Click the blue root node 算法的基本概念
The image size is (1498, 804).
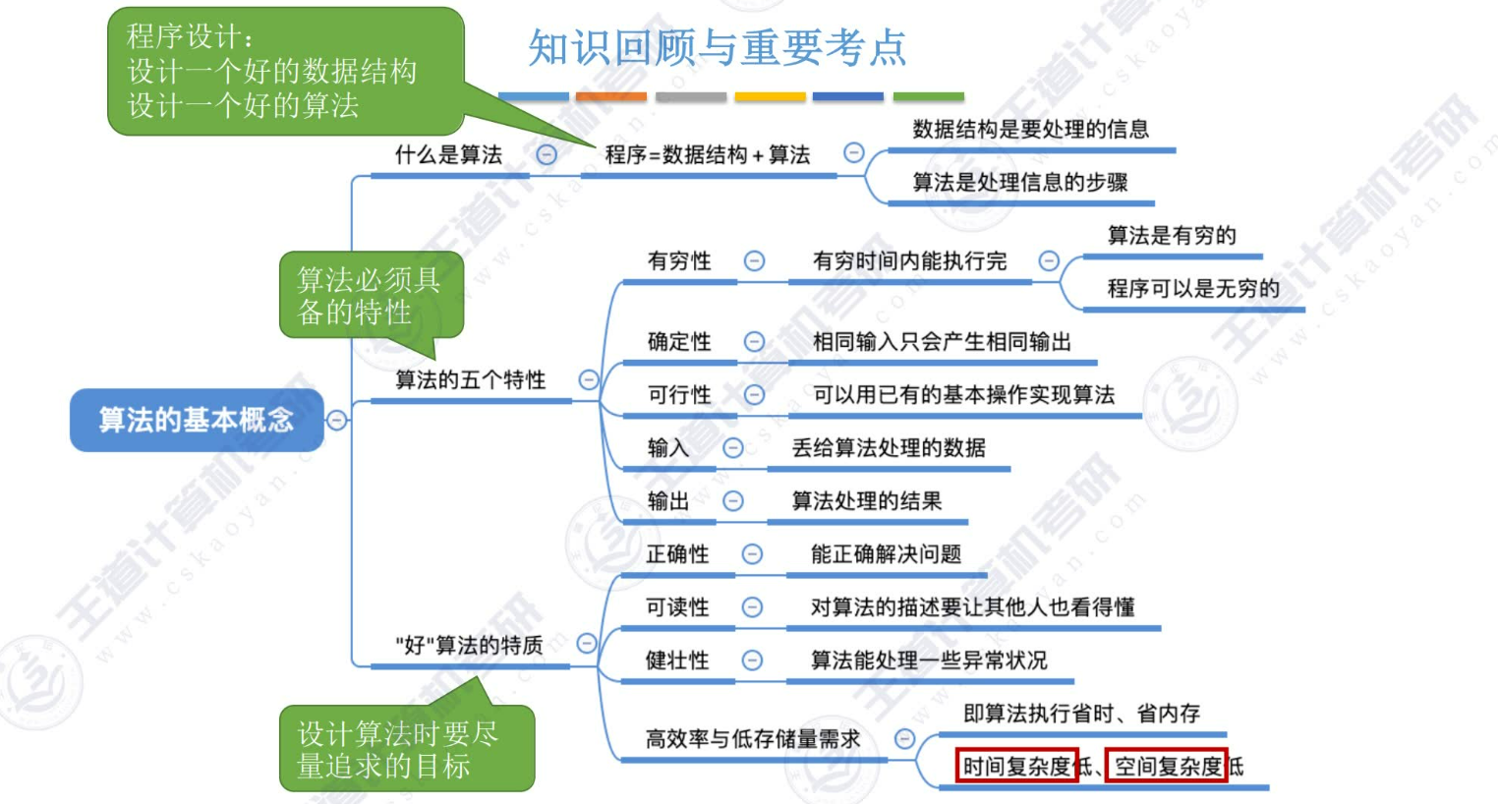(196, 420)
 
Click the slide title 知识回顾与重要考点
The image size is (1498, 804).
(717, 47)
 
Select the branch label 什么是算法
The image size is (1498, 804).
(448, 154)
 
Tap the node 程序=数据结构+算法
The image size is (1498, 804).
(707, 154)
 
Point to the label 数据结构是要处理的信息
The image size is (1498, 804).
(1030, 129)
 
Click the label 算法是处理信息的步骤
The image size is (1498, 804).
(1019, 182)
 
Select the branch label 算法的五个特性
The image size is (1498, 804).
(470, 379)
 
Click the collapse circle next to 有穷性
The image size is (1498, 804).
(754, 260)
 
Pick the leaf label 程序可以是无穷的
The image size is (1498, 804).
(1192, 288)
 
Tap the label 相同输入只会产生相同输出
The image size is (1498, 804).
(941, 341)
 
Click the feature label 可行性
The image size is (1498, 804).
(678, 394)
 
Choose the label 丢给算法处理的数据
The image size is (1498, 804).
(888, 447)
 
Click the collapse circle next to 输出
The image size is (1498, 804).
(733, 501)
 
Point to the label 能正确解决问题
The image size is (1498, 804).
(885, 554)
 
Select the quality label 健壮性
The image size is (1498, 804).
(676, 660)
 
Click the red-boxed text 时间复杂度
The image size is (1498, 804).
(1016, 766)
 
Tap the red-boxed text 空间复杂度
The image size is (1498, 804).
(1167, 766)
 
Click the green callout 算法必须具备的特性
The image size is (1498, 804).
(370, 295)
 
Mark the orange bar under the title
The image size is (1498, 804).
(610, 96)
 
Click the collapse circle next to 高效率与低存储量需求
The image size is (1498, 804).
(904, 738)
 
